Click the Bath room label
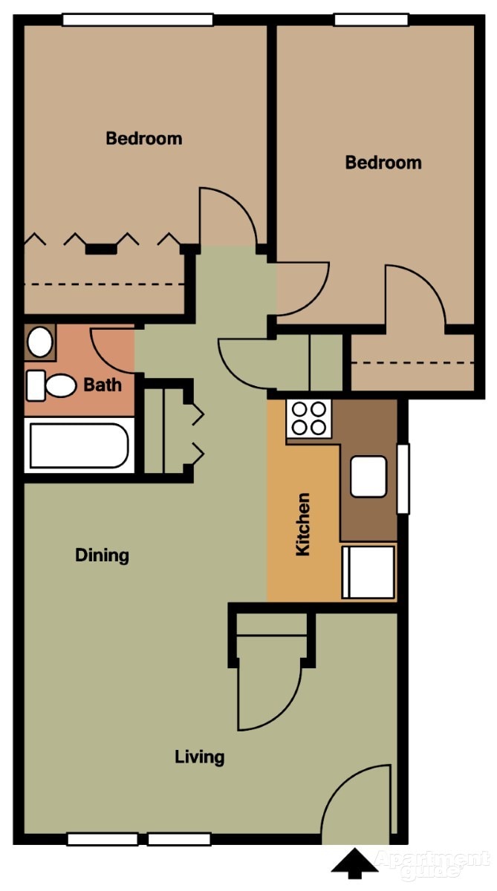coord(103,385)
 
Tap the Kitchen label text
coord(303,524)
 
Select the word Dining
coord(102,555)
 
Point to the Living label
coord(199,757)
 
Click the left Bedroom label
coord(143,138)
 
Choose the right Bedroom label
coord(383,162)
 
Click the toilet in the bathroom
coord(52,385)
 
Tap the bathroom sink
coord(39,342)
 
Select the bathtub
coord(79,446)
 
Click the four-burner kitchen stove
coord(310,418)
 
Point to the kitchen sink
coord(368,477)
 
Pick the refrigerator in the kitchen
coord(368,572)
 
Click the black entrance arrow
coord(354,864)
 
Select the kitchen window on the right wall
coord(403,479)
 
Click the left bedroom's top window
coord(137,20)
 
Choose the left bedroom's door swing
coord(226,217)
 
